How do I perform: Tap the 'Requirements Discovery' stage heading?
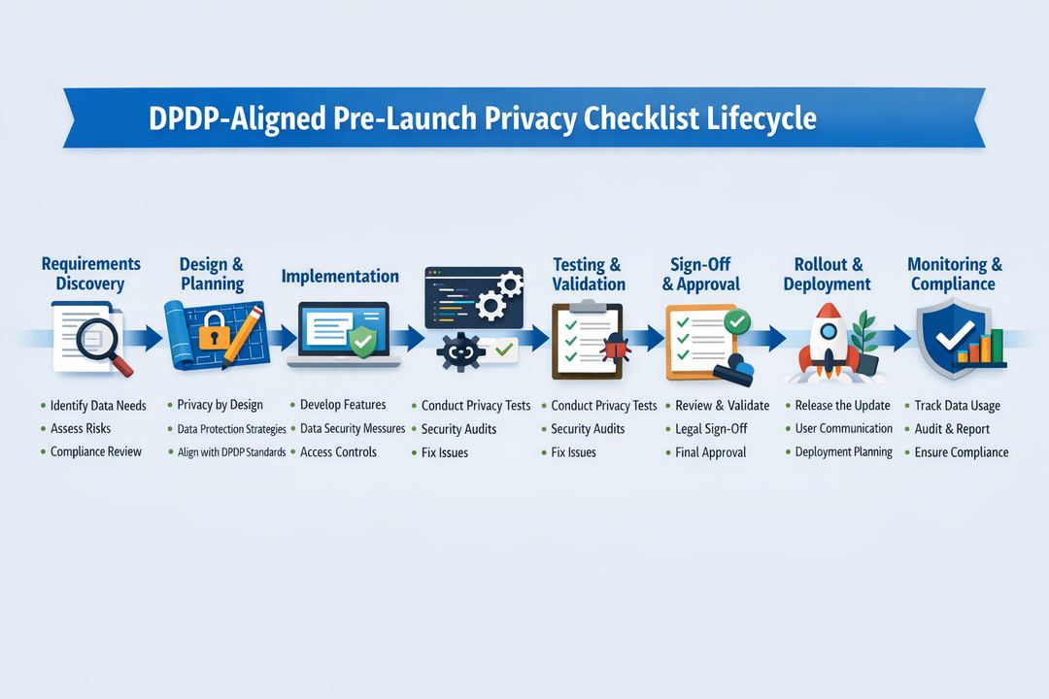pyautogui.click(x=90, y=274)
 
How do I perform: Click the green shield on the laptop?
pyautogui.click(x=361, y=341)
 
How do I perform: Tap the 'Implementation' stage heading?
pyautogui.click(x=340, y=277)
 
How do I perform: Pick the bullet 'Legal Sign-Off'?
pyautogui.click(x=711, y=429)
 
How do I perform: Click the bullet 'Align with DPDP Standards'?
pyautogui.click(x=231, y=452)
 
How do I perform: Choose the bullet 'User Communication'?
pyautogui.click(x=843, y=428)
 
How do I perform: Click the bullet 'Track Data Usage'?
pyautogui.click(x=957, y=406)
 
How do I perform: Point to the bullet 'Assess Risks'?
pyautogui.click(x=81, y=429)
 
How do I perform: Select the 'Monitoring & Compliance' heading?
pyautogui.click(x=954, y=274)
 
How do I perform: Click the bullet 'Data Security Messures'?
pyautogui.click(x=352, y=429)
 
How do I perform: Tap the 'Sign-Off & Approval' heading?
pyautogui.click(x=700, y=274)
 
